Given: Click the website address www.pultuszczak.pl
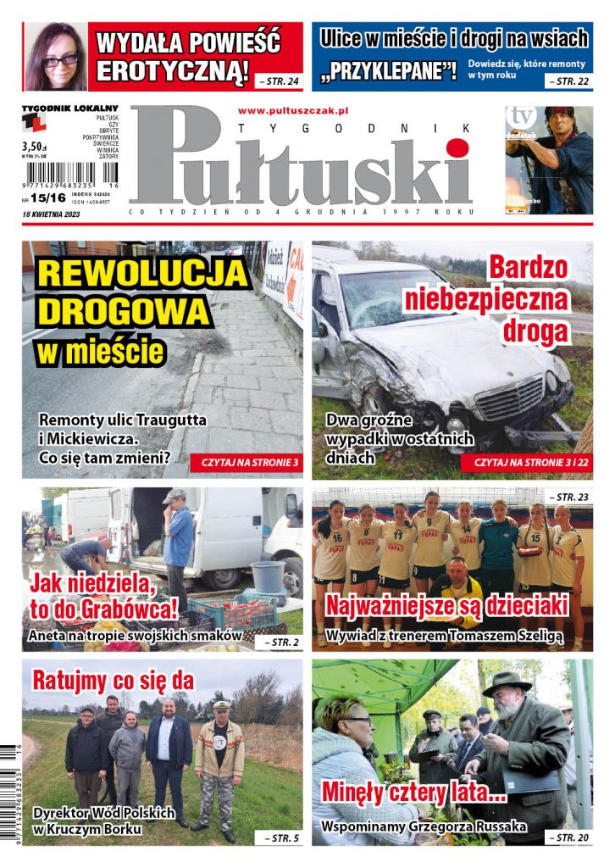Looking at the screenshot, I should [294, 110].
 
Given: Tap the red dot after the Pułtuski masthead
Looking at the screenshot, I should [458, 150].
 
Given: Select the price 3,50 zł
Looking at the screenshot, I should [33, 145].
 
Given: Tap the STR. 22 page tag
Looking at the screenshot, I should [568, 81].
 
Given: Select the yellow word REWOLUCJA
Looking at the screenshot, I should [145, 273].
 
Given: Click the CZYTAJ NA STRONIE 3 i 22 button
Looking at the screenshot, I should [526, 464].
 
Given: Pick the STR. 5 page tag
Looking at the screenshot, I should [278, 837].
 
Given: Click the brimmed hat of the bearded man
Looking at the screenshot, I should [507, 681].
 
